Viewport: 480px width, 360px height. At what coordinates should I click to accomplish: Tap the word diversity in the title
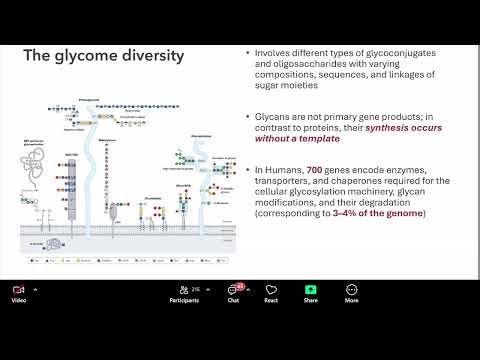coord(151,56)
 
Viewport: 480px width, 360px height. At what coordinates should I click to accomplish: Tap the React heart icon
coord(271,289)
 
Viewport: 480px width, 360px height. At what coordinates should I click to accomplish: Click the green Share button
coord(311,289)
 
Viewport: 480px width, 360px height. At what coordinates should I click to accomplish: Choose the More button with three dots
coord(351,289)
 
